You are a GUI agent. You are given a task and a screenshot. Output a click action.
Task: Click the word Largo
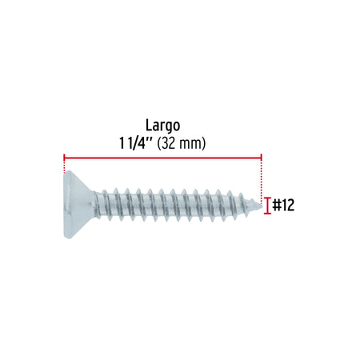click(x=162, y=126)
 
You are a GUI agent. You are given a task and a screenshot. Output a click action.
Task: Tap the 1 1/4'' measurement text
click(x=136, y=143)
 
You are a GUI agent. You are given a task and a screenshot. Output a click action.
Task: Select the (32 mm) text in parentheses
click(x=182, y=143)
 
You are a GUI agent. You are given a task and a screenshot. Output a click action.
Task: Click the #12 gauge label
click(x=283, y=206)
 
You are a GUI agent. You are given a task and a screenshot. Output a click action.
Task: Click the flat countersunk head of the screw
click(x=78, y=205)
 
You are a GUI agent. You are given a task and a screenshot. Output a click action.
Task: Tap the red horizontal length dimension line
click(x=162, y=158)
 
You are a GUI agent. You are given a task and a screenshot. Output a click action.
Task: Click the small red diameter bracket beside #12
click(x=267, y=206)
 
